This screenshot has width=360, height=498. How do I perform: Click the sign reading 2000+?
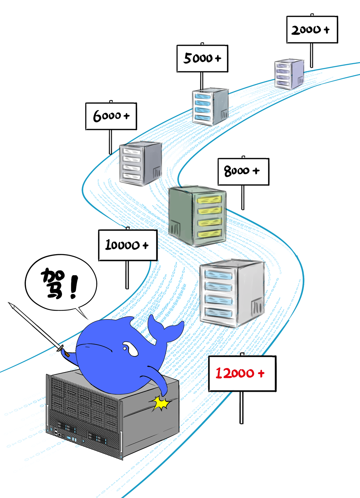tap(312, 30)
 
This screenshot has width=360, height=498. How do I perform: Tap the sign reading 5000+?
tap(202, 58)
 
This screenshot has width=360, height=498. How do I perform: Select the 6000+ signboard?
tap(111, 116)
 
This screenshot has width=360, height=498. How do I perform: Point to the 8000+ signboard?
tap(243, 171)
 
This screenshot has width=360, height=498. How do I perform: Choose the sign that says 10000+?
tap(128, 245)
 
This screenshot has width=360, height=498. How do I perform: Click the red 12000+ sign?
tap(242, 373)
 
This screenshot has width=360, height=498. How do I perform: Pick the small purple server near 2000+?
tap(289, 74)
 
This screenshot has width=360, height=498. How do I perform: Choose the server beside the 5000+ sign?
tap(210, 106)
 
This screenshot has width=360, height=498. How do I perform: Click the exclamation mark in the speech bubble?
tap(74, 287)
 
